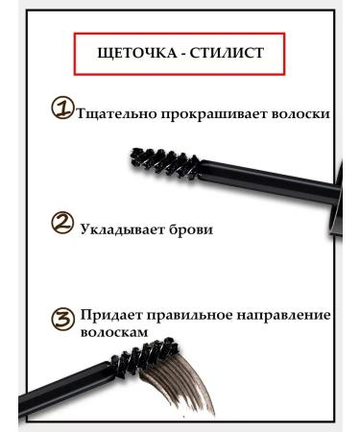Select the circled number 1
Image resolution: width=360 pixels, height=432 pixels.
tap(61, 109)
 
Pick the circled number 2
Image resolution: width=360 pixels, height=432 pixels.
tap(61, 226)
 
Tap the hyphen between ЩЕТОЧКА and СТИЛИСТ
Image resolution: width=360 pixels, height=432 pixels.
tap(186, 55)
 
